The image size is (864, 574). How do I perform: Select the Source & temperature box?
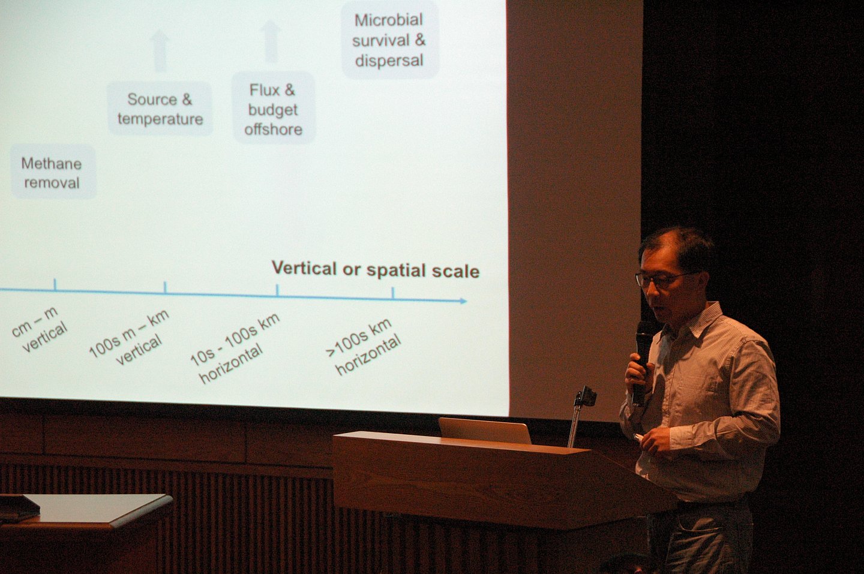tap(160, 109)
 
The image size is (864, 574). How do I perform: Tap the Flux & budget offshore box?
tap(273, 109)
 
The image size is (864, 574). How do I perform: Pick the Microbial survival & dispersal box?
tap(389, 40)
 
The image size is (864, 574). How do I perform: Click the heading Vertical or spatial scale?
tap(376, 269)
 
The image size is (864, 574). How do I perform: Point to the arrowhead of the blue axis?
tap(463, 300)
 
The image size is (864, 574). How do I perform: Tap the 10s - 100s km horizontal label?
tap(234, 348)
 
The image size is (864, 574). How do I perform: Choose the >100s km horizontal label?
tap(364, 347)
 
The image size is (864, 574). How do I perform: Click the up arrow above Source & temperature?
tap(159, 51)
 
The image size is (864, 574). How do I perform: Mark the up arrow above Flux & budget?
tap(271, 41)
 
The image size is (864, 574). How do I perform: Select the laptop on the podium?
tap(485, 431)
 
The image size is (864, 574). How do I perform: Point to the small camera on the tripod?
tap(586, 396)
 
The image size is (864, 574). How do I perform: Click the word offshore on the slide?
tap(273, 130)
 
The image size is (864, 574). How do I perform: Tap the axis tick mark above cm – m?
tap(55, 284)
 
